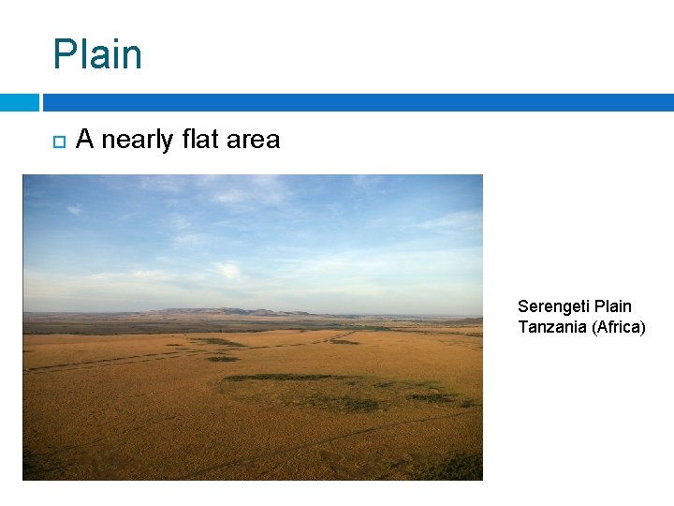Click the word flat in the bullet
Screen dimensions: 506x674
pyautogui.click(x=199, y=140)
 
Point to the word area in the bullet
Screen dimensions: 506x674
pyautogui.click(x=253, y=140)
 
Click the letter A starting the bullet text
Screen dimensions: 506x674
pyautogui.click(x=84, y=140)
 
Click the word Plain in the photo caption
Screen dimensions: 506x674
pyautogui.click(x=613, y=306)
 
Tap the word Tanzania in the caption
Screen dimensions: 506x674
pyautogui.click(x=551, y=326)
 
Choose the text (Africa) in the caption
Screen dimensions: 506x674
pyautogui.click(x=618, y=326)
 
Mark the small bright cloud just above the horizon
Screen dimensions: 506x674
pyautogui.click(x=227, y=270)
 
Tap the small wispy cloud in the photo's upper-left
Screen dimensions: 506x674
pyautogui.click(x=74, y=210)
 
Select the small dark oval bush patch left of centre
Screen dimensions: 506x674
pyautogui.click(x=222, y=359)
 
